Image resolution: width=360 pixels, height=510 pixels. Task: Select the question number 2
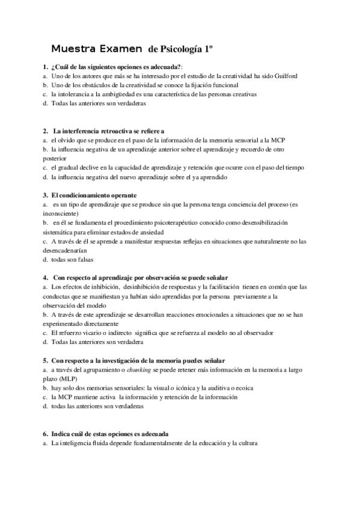pyautogui.click(x=45, y=130)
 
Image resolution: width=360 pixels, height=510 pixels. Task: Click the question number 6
pyautogui.click(x=45, y=434)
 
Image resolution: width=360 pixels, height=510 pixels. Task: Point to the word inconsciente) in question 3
pyautogui.click(x=60, y=213)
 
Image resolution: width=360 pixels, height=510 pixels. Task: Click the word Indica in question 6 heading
pyautogui.click(x=60, y=434)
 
